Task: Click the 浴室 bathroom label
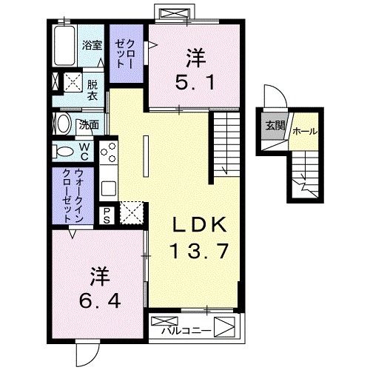92,45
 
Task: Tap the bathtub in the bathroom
67,46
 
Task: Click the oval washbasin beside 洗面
63,123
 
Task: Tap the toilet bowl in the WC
66,151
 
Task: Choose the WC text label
84,152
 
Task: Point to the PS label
107,215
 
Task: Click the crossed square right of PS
130,213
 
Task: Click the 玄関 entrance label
273,124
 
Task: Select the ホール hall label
305,131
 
